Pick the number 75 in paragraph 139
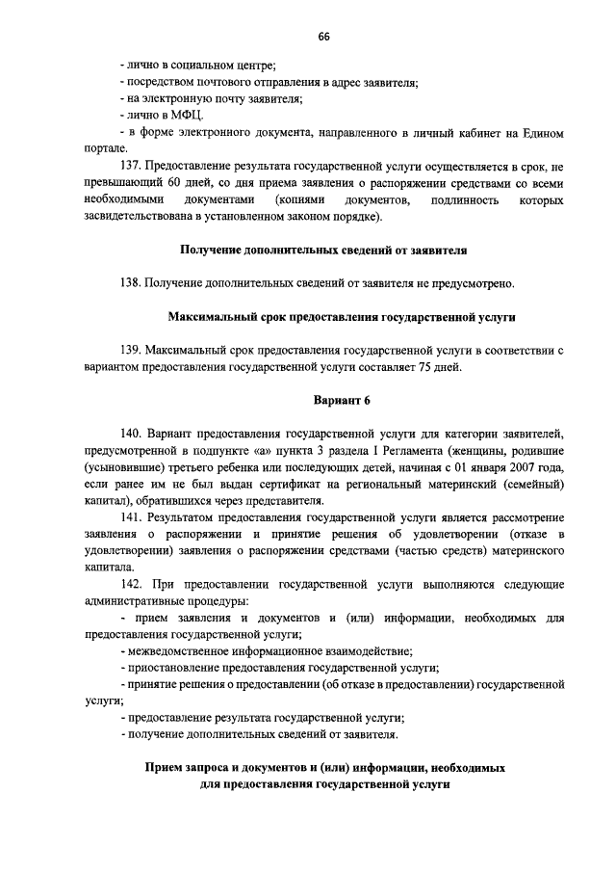point(424,366)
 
